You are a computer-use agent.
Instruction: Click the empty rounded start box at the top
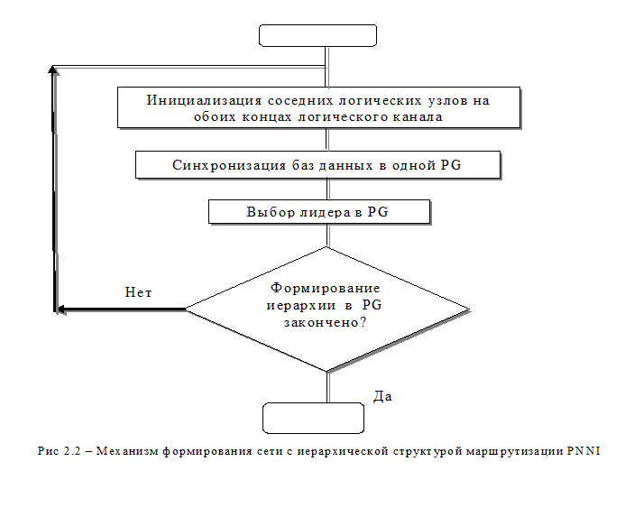click(x=317, y=35)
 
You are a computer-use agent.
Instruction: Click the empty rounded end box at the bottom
click(x=313, y=418)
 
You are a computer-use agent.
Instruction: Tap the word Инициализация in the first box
click(x=204, y=100)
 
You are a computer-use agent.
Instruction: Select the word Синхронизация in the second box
click(x=229, y=165)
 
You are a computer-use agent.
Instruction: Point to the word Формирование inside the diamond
click(x=326, y=289)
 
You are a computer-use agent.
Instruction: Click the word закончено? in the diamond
click(x=325, y=322)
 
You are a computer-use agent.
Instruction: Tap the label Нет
click(x=138, y=292)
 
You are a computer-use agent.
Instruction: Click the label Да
click(x=382, y=396)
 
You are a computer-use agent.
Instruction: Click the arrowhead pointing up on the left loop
click(x=52, y=69)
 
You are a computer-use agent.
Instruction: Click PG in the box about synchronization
click(x=451, y=165)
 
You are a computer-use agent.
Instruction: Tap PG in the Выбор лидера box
click(x=378, y=212)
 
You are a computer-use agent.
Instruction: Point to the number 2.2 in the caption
click(x=72, y=451)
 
